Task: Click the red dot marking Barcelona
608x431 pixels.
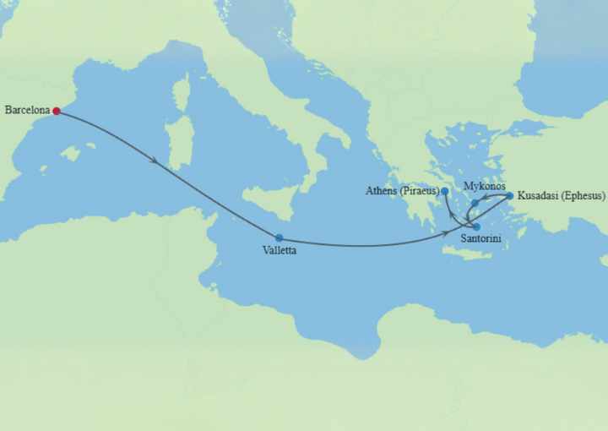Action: [56, 111]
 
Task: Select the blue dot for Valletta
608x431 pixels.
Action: [279, 237]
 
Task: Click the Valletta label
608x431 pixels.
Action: [280, 250]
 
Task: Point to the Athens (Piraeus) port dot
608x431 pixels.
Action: [445, 191]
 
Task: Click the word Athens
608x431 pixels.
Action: [381, 191]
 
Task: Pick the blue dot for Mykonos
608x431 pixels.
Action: [475, 203]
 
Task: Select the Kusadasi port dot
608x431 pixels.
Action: [509, 196]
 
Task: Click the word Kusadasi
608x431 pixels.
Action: [539, 196]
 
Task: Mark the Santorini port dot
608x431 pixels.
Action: [477, 226]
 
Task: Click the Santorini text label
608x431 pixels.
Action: [481, 240]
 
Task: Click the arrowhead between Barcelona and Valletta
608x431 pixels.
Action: [153, 159]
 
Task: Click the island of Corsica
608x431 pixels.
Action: [181, 92]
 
